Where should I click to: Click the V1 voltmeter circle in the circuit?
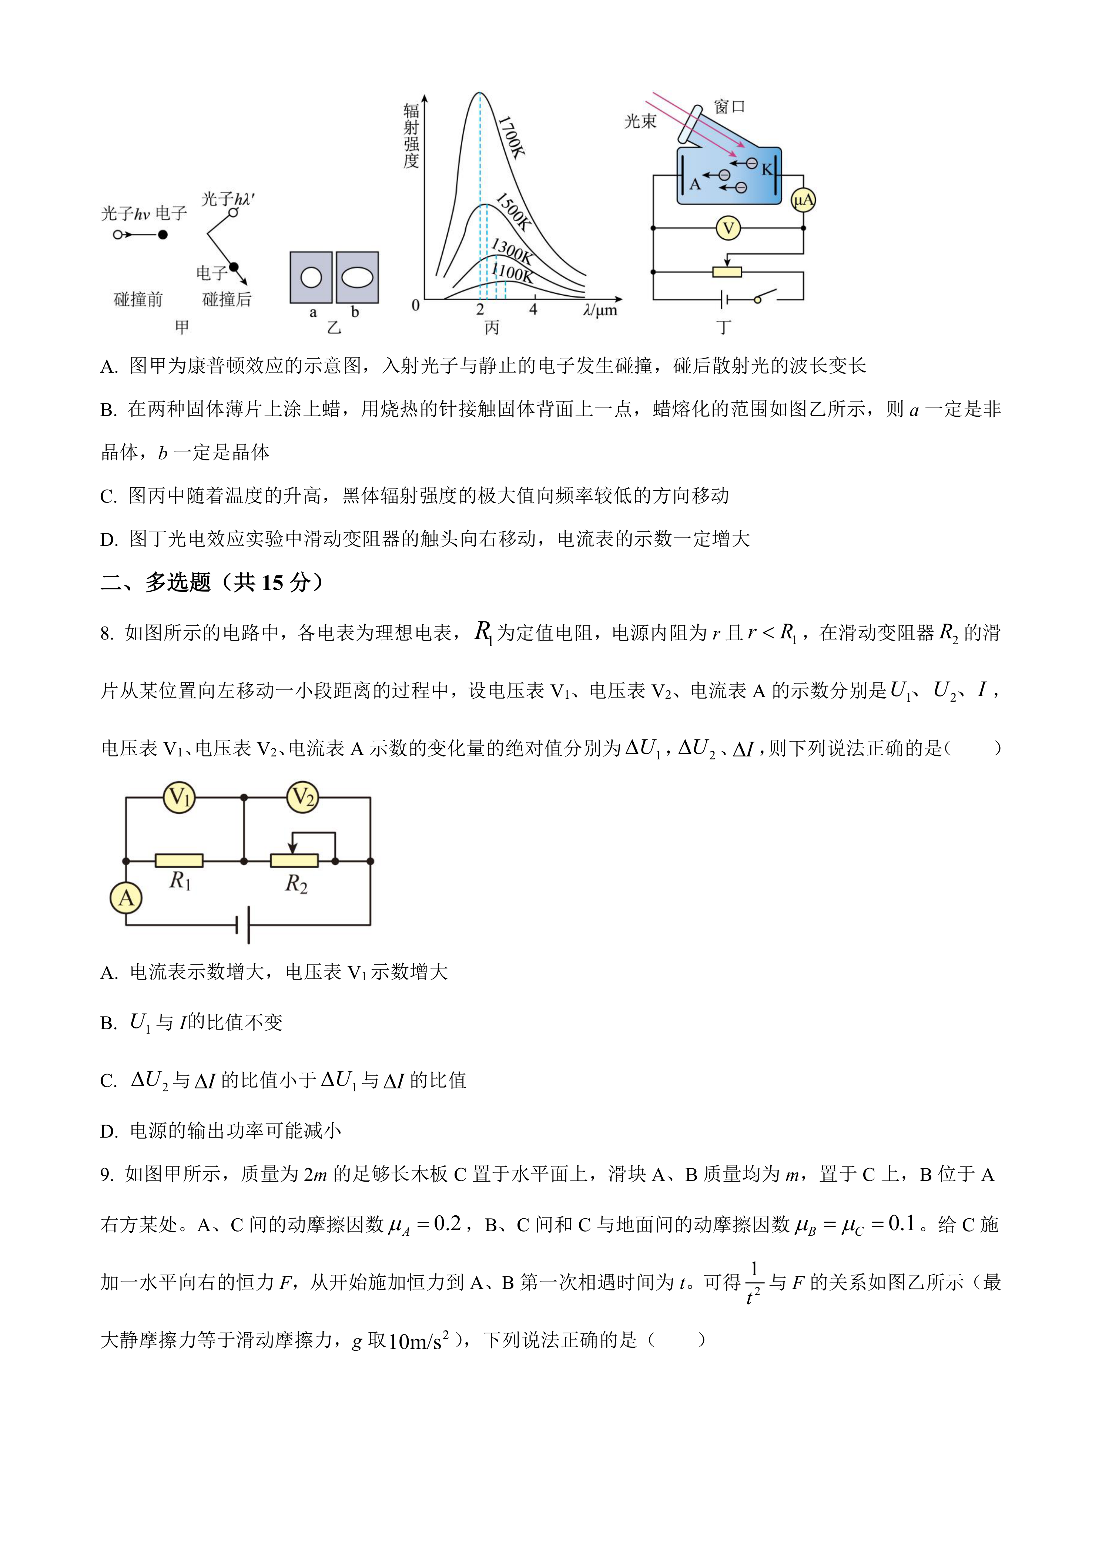point(179,797)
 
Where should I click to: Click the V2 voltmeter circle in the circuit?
point(303,797)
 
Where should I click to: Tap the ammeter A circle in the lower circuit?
point(126,898)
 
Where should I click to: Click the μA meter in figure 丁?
point(803,200)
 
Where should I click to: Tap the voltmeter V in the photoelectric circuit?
point(728,228)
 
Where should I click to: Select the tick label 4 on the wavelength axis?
point(533,309)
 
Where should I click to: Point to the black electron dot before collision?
point(163,235)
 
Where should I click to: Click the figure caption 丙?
point(492,328)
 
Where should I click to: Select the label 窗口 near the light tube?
point(730,107)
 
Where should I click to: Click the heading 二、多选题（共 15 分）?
point(212,582)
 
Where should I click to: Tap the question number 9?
point(107,1175)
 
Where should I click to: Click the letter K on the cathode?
point(767,169)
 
